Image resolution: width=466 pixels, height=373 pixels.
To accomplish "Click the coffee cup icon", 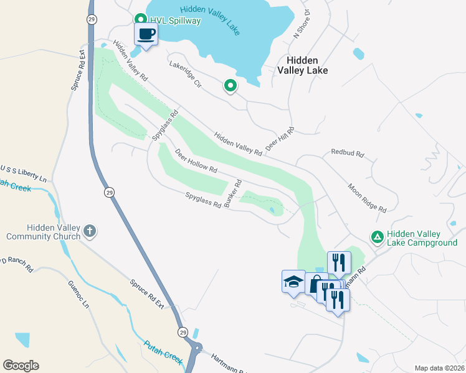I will pyautogui.click(x=146, y=34).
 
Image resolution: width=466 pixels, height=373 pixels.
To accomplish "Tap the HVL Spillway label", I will pyautogui.click(x=175, y=21).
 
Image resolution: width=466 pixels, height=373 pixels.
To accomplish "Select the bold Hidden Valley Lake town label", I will pyautogui.click(x=307, y=65).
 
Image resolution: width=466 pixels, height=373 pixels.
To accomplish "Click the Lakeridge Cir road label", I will pyautogui.click(x=185, y=73).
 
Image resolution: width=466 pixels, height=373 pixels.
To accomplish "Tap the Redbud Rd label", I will pyautogui.click(x=346, y=152).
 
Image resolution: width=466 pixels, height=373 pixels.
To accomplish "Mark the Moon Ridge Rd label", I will pyautogui.click(x=367, y=198).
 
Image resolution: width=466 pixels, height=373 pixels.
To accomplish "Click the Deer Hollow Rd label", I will pyautogui.click(x=196, y=160).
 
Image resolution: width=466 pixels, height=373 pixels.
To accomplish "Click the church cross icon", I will pyautogui.click(x=90, y=232).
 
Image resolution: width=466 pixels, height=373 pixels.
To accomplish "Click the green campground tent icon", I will pyautogui.click(x=377, y=237).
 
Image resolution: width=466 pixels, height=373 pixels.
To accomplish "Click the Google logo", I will pyautogui.click(x=21, y=366).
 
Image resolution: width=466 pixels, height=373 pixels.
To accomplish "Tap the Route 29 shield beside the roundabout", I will pyautogui.click(x=183, y=331).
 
